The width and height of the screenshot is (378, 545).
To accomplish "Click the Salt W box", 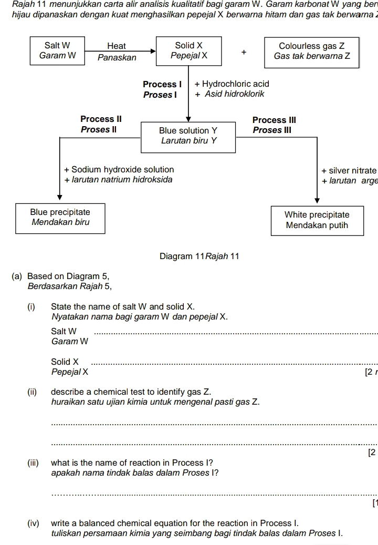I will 57,50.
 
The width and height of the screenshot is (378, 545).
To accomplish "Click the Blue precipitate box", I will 60,217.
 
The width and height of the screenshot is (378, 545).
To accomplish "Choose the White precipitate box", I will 317,220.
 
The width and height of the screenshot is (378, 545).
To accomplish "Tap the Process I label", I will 162,84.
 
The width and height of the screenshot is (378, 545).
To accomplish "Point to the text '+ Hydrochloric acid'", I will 232,84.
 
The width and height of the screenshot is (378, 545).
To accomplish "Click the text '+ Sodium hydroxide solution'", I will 119,169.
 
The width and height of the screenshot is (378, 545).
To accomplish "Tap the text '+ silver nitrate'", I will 349,170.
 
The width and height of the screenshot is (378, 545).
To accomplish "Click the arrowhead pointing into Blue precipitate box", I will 60,197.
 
